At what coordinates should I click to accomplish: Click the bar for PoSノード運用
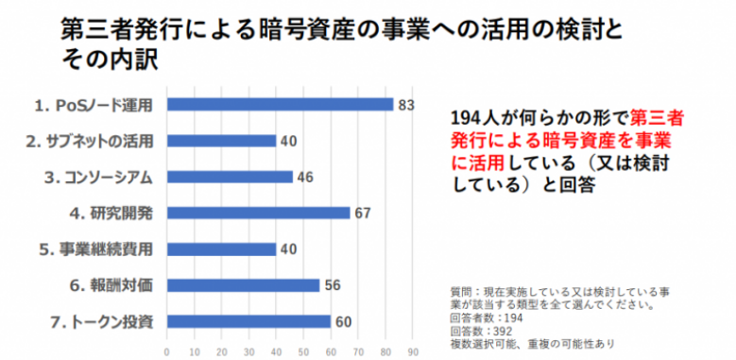tap(280, 104)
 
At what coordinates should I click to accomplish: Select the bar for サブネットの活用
tap(221, 141)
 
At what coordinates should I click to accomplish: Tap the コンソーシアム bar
tap(230, 177)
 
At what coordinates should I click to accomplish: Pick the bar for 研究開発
tap(258, 213)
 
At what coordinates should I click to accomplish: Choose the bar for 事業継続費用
tap(221, 249)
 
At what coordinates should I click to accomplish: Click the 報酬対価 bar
tap(243, 284)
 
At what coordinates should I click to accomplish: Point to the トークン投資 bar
tap(248, 321)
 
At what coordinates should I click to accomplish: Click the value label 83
tap(406, 104)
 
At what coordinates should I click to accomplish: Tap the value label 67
tap(363, 213)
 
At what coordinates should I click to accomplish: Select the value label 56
tap(334, 284)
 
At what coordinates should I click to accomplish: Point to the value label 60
tap(344, 321)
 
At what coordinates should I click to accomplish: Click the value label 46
tap(306, 177)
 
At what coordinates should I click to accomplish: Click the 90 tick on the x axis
tap(413, 350)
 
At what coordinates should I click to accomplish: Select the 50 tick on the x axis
tap(303, 350)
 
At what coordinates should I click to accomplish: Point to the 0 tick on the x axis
tap(167, 350)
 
